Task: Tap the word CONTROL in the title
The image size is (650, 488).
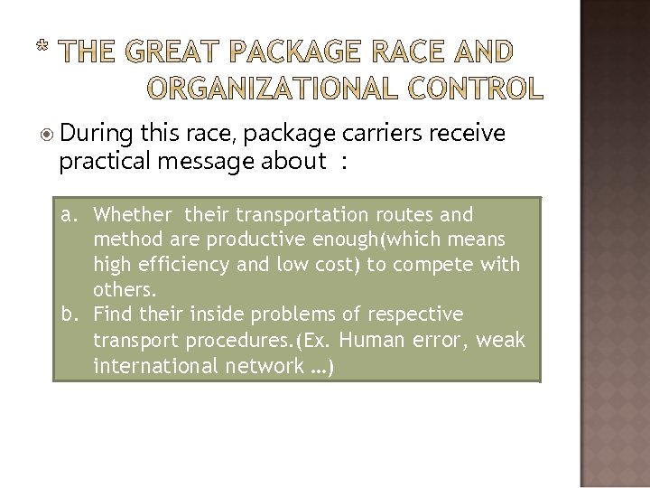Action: click(478, 88)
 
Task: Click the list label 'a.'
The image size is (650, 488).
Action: click(72, 216)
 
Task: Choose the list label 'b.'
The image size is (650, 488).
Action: click(72, 314)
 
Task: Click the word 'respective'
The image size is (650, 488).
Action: click(407, 314)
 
